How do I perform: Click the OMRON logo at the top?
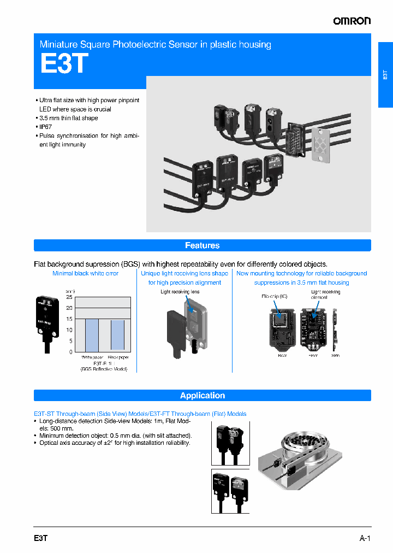coord(352,21)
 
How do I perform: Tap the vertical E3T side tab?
coord(385,75)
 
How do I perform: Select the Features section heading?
coord(202,245)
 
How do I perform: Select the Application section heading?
coord(202,396)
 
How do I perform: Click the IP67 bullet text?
coord(46,127)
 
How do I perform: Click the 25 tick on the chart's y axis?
coord(69,297)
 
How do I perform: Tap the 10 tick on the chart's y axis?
coord(69,330)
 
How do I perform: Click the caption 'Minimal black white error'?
coord(85,273)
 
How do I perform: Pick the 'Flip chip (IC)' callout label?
coord(274,296)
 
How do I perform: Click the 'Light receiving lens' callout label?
coord(180,292)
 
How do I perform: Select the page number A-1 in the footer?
coord(365,538)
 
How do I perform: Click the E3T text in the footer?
coord(41,538)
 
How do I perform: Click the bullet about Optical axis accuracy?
coord(115,443)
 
